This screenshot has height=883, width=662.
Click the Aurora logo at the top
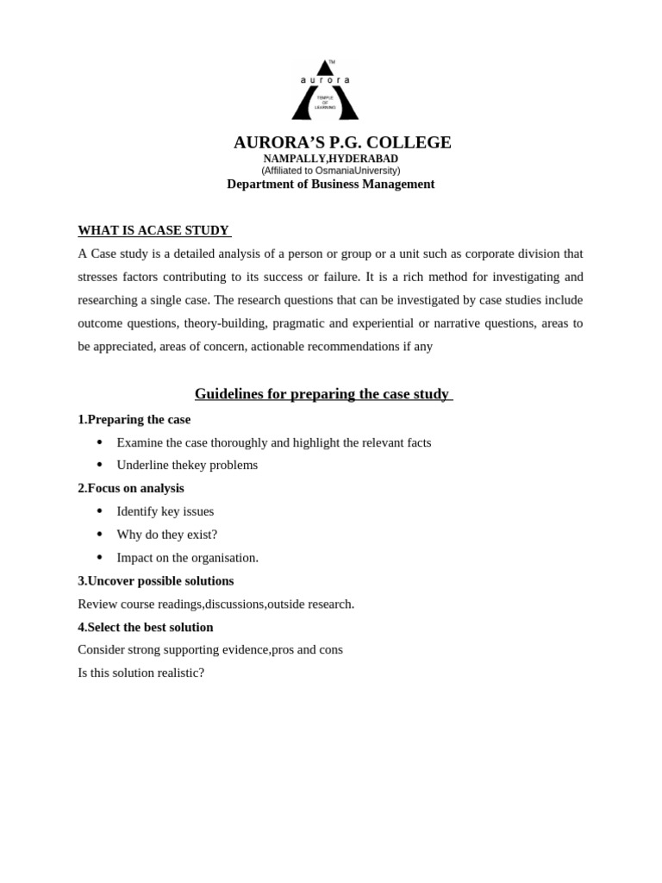(325, 91)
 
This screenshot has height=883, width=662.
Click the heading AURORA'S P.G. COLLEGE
(342, 142)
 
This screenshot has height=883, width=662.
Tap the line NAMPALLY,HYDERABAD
(330, 159)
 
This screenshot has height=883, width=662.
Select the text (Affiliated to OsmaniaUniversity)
(330, 171)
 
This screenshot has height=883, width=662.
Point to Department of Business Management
(330, 184)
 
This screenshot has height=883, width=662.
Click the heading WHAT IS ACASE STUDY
(153, 230)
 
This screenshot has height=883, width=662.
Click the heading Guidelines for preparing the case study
(322, 394)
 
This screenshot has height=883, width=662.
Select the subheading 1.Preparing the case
(134, 419)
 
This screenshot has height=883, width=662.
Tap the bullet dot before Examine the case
(99, 442)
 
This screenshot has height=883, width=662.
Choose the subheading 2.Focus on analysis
(130, 488)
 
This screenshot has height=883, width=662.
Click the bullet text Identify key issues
(165, 511)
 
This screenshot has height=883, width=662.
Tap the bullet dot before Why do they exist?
(99, 535)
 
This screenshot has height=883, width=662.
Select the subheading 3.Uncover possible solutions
(155, 581)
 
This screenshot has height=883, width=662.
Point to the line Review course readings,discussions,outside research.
(215, 604)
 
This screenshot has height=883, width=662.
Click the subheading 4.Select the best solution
(145, 627)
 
